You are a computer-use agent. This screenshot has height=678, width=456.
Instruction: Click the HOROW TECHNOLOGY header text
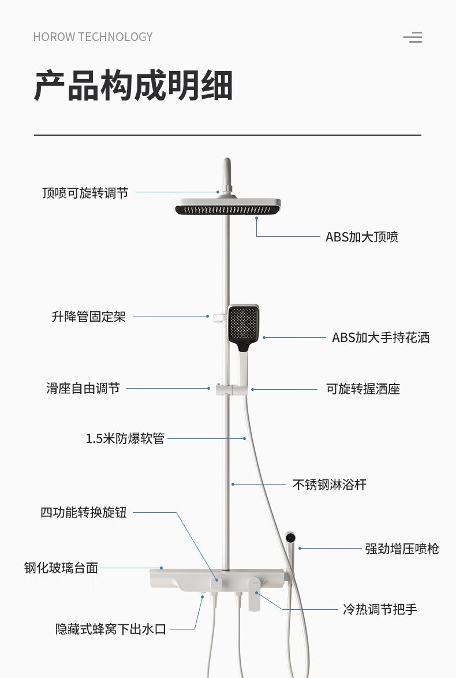coord(93,37)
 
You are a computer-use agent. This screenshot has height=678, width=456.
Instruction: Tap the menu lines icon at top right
coord(413,38)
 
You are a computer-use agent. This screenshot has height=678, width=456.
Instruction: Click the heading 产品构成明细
coord(133,86)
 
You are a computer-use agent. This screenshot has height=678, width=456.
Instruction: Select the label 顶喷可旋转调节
coord(85,193)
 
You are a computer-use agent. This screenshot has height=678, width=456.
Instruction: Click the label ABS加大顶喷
coord(362,237)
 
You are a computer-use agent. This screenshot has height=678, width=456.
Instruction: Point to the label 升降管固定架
coord(89,316)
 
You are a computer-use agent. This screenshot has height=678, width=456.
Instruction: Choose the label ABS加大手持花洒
coord(380,338)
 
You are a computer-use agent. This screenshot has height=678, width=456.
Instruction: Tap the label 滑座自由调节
coord(83,389)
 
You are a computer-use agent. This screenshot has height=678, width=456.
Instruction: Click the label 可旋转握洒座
coord(363,389)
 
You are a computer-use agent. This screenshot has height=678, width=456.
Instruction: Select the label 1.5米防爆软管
coord(125,439)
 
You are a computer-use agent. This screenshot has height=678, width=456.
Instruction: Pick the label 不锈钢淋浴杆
coord(330,485)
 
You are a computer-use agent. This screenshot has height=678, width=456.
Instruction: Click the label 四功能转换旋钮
coord(84,513)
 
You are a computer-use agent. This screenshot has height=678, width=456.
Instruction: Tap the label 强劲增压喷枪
coord(402,549)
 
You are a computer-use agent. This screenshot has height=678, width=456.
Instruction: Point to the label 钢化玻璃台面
coord(61,568)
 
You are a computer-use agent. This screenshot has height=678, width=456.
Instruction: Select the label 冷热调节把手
coord(380,609)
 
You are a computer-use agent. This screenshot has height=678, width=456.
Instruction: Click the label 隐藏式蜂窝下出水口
coord(111,629)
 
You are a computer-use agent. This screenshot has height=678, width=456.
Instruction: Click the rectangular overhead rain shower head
coord(228,207)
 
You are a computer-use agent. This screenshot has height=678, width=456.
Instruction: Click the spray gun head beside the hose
coord(291,539)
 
